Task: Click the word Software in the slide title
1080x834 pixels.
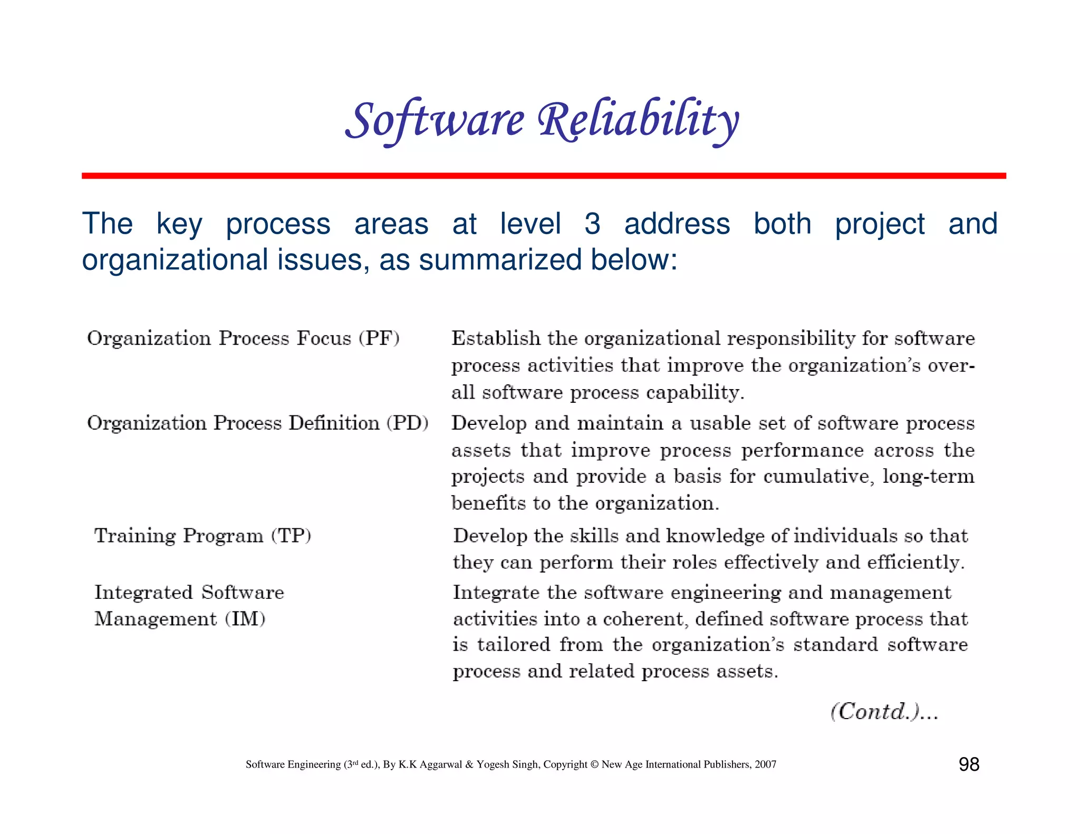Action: [x=435, y=120]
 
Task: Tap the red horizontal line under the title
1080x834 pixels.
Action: [x=543, y=176]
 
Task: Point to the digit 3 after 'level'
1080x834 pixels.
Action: [x=592, y=224]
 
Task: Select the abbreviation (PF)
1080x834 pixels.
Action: [x=379, y=338]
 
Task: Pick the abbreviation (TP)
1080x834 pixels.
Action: [x=291, y=536]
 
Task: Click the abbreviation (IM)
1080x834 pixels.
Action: [x=245, y=618]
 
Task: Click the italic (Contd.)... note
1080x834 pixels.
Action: [x=884, y=712]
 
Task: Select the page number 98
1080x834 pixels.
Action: [x=969, y=764]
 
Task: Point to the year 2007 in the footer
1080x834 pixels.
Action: [x=765, y=764]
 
